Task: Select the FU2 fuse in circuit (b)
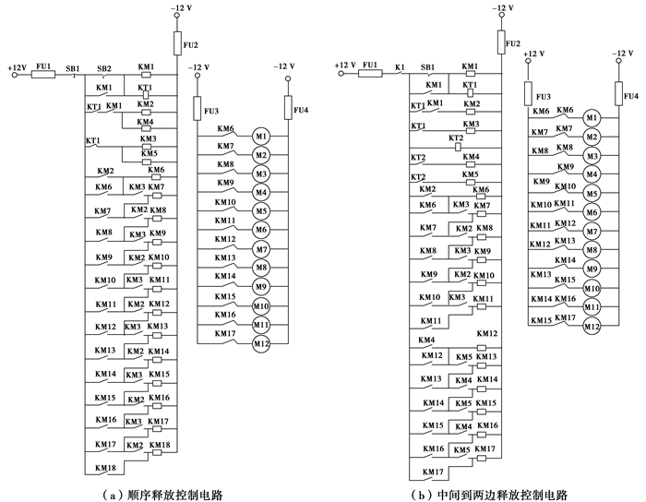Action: [501, 42]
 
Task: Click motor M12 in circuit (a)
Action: [261, 343]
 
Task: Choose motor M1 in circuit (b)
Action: [592, 118]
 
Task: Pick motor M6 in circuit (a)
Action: [261, 230]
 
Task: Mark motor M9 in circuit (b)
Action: [592, 269]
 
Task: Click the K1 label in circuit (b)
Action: [400, 67]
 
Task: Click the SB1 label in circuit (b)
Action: [428, 67]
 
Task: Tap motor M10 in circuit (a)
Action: [261, 305]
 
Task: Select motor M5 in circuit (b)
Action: [592, 193]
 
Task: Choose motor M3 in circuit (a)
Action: [261, 173]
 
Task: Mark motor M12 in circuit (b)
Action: [592, 326]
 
